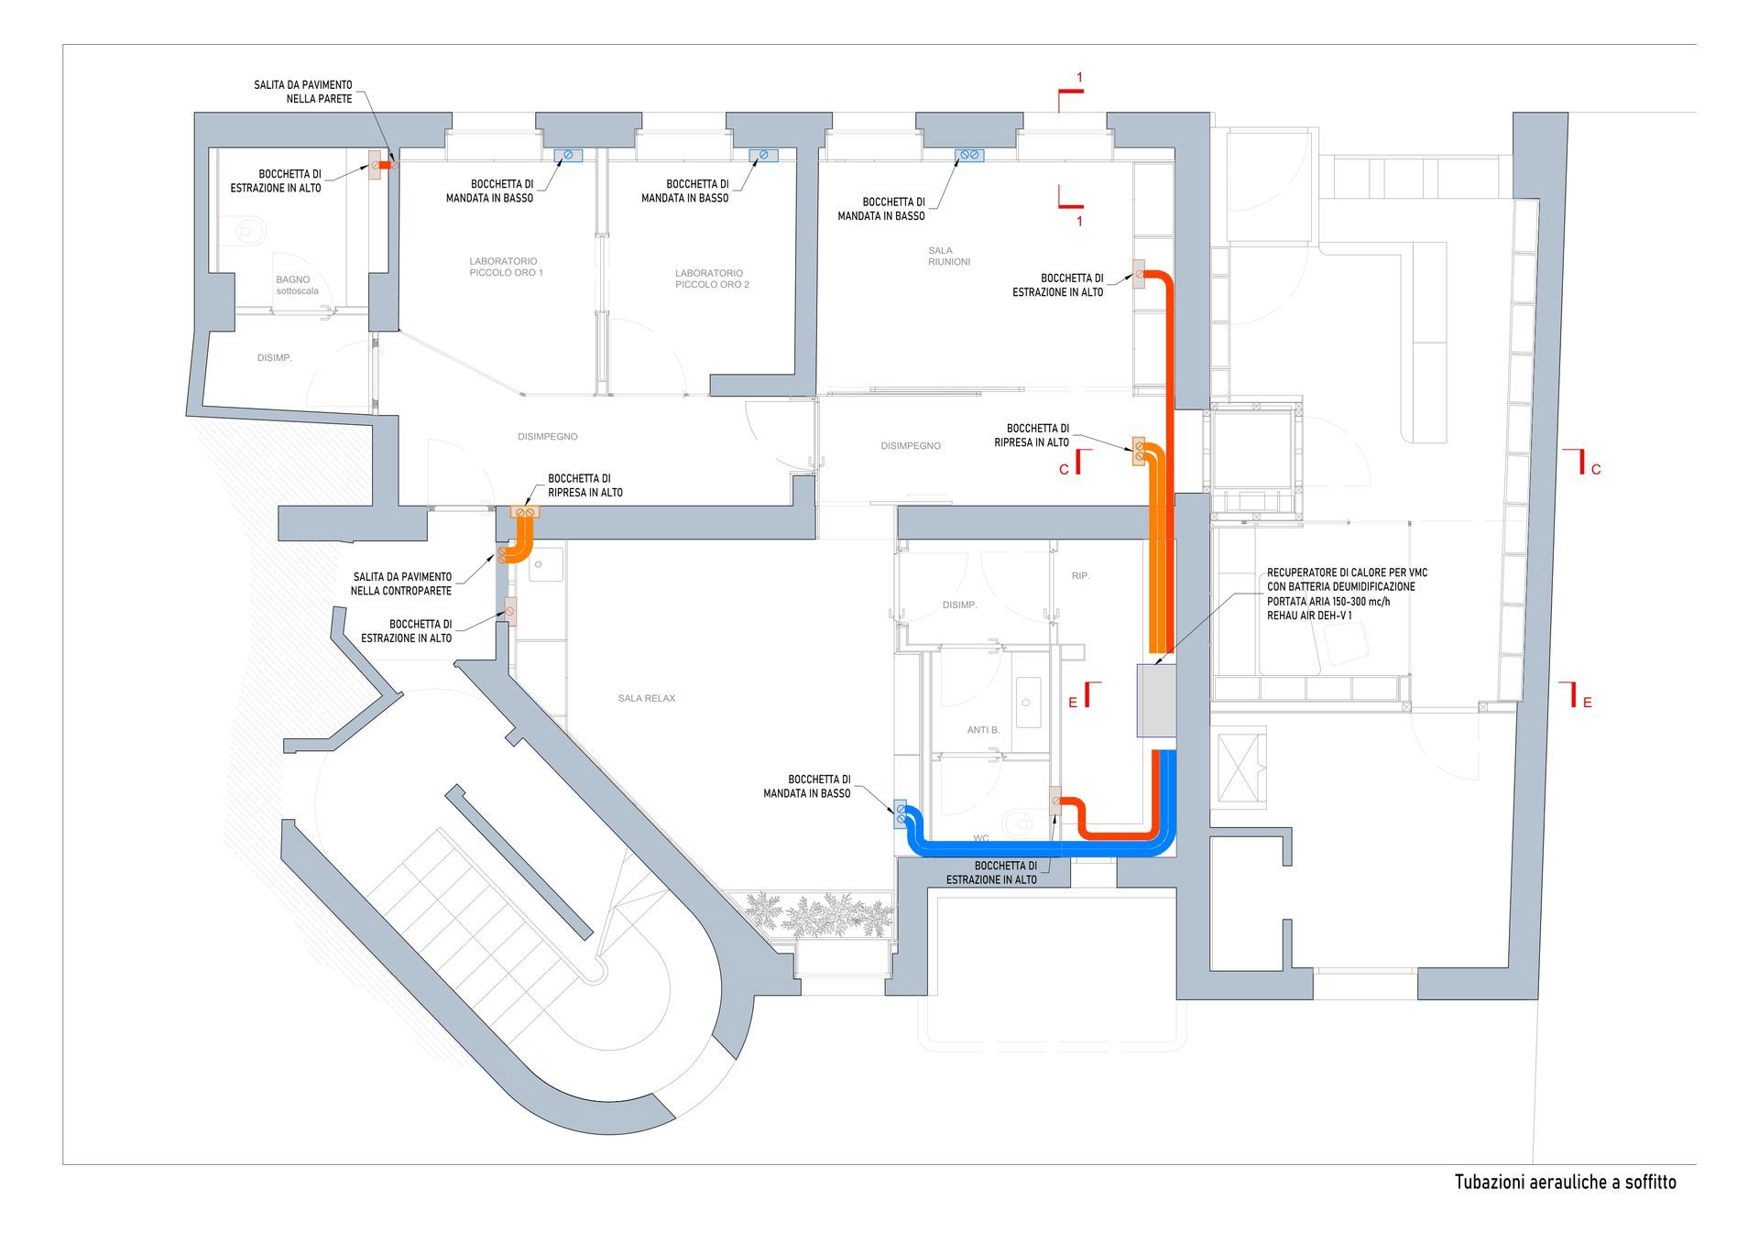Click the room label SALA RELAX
pyautogui.click(x=646, y=698)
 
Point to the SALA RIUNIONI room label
pyautogui.click(x=948, y=256)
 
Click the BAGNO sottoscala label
pyautogui.click(x=296, y=285)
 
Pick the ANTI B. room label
pyautogui.click(x=983, y=730)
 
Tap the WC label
pyautogui.click(x=981, y=838)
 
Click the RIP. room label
pyautogui.click(x=1081, y=575)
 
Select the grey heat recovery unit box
pyautogui.click(x=1156, y=700)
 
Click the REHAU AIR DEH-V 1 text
pyautogui.click(x=1309, y=616)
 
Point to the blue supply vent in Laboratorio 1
pyautogui.click(x=568, y=155)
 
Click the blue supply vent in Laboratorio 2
pyautogui.click(x=762, y=155)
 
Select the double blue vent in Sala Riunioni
pyautogui.click(x=968, y=155)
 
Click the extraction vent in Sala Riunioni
pyautogui.click(x=1140, y=274)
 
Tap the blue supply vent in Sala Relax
pyautogui.click(x=900, y=813)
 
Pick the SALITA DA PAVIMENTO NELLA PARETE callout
pyautogui.click(x=303, y=92)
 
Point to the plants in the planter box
pyautogui.click(x=820, y=914)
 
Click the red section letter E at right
pyautogui.click(x=1587, y=703)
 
